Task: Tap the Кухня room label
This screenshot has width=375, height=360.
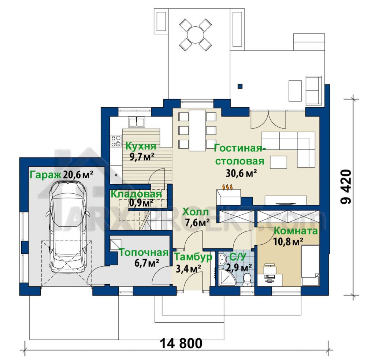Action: click(x=141, y=146)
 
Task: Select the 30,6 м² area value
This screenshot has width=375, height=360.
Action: click(x=241, y=174)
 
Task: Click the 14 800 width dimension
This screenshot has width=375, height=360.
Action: click(x=181, y=343)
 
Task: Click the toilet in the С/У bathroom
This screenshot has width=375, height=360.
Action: click(x=246, y=279)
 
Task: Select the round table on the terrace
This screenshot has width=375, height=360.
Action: click(x=196, y=35)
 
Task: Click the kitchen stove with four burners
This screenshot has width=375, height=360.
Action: click(x=116, y=141)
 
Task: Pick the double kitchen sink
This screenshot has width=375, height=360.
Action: click(x=136, y=122)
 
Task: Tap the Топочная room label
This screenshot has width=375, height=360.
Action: click(x=144, y=253)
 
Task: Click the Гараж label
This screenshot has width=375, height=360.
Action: click(x=45, y=175)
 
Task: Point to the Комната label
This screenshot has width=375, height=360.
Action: click(x=296, y=231)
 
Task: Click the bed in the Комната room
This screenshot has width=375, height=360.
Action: click(x=310, y=265)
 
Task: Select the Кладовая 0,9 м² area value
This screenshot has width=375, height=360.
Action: click(x=141, y=203)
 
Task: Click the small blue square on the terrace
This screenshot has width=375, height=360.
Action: click(x=240, y=86)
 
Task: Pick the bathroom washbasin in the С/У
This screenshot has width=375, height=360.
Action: click(x=222, y=259)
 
